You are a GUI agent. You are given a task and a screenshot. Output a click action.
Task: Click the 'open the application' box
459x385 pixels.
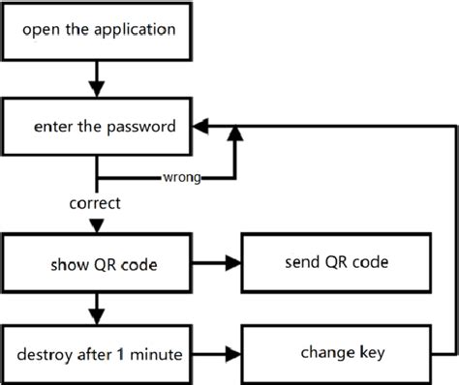pos(96,29)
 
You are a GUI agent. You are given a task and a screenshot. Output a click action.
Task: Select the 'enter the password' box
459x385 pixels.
pos(96,126)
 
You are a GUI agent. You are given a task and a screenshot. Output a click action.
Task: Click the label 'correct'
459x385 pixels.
pos(95,204)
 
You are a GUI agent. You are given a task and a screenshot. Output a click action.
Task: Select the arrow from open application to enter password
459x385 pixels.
pos(96,74)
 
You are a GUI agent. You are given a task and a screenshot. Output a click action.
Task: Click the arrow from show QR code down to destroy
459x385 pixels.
pos(96,308)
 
